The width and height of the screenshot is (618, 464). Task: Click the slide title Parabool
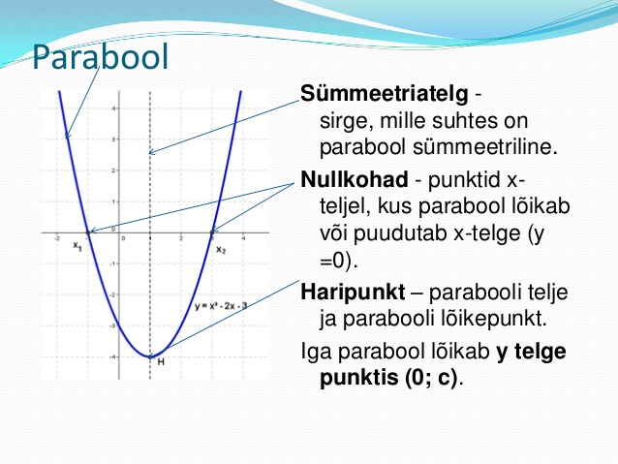pyautogui.click(x=101, y=57)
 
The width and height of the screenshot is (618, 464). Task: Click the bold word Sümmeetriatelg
pyautogui.click(x=385, y=94)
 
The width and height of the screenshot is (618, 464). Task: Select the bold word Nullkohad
pyautogui.click(x=354, y=180)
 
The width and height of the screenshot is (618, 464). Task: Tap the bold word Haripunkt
pyautogui.click(x=353, y=293)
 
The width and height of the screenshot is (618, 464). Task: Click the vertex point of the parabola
pyautogui.click(x=150, y=356)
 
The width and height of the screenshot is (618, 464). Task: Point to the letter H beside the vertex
pyautogui.click(x=161, y=361)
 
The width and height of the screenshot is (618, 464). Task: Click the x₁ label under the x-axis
pyautogui.click(x=77, y=246)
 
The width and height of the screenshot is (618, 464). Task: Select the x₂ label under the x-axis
pyautogui.click(x=221, y=250)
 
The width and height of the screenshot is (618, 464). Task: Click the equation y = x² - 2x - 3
pyautogui.click(x=221, y=306)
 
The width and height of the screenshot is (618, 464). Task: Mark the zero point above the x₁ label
pyautogui.click(x=88, y=232)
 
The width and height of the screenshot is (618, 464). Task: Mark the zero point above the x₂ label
pyautogui.click(x=212, y=232)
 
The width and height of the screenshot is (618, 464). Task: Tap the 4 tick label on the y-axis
pyautogui.click(x=114, y=108)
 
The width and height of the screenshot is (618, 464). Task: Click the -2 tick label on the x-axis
pyautogui.click(x=57, y=238)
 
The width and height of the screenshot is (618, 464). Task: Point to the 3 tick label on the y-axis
pyautogui.click(x=114, y=139)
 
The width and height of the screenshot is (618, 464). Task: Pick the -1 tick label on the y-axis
pyautogui.click(x=112, y=263)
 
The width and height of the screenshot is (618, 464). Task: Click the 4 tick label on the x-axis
pyautogui.click(x=243, y=238)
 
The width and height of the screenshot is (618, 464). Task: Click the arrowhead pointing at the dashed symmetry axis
pyautogui.click(x=151, y=152)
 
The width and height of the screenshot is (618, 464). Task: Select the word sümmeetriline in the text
pyautogui.click(x=485, y=147)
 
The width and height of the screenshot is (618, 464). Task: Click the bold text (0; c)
pyautogui.click(x=430, y=377)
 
